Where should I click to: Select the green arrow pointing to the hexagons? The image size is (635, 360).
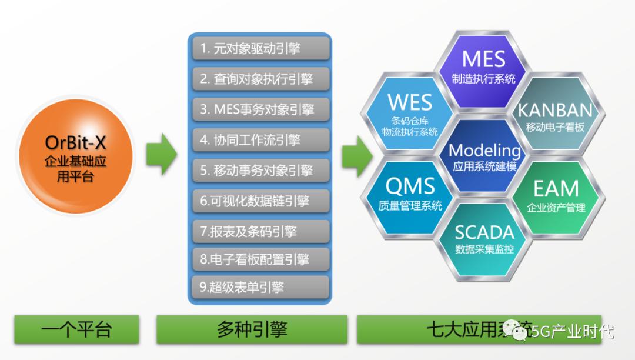(x=357, y=154)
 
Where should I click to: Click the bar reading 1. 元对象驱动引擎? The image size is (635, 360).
(x=260, y=48)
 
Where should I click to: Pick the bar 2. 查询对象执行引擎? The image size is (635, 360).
(x=260, y=79)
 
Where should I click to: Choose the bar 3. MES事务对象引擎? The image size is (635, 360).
(x=260, y=109)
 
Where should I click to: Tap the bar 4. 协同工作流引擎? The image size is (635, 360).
(x=260, y=140)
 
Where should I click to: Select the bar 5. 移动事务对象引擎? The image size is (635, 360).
(x=260, y=171)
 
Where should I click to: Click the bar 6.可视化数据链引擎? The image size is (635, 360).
(x=260, y=201)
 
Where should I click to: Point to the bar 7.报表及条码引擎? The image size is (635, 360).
(x=260, y=231)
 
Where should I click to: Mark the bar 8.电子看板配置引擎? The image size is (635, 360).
(x=260, y=259)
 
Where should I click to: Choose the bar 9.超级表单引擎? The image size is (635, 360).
(x=260, y=287)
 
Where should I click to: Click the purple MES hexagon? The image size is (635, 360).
(x=483, y=68)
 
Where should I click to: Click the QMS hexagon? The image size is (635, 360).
(x=410, y=194)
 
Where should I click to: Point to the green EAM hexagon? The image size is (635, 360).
(x=556, y=196)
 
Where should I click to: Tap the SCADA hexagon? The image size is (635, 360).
(x=484, y=238)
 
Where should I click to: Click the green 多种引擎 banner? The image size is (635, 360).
(x=251, y=329)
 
